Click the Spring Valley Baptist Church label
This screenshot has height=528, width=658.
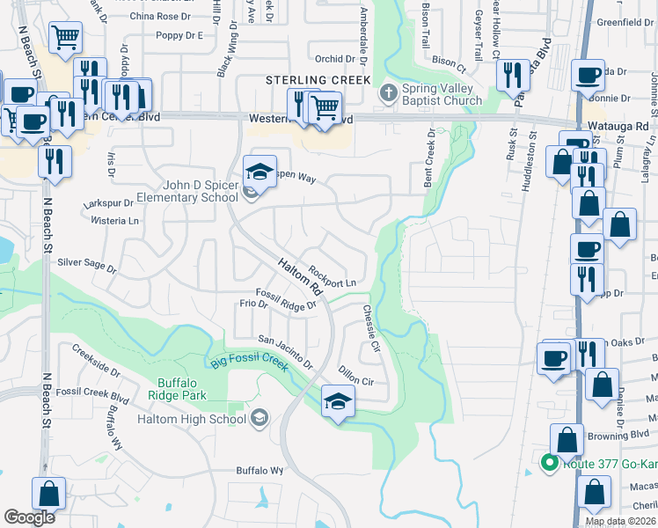[x=442, y=94]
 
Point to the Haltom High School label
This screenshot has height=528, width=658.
[x=192, y=419]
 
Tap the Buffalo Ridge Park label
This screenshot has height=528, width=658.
[x=182, y=389]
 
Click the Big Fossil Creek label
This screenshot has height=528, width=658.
[x=250, y=363]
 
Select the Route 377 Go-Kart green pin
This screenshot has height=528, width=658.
[x=550, y=461]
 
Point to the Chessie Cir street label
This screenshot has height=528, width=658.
[x=370, y=328]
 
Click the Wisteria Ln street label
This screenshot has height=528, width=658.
[x=121, y=222]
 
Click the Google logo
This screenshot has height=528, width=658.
[x=29, y=517]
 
